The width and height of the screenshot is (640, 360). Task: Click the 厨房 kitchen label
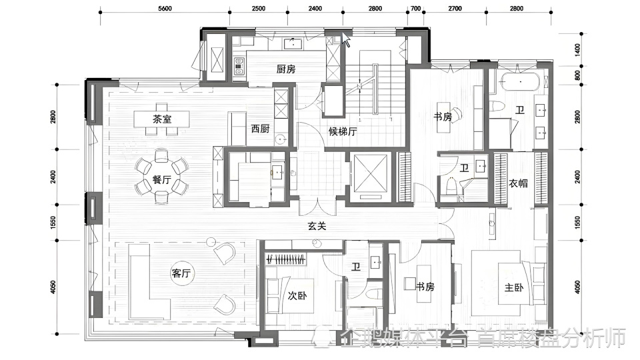(286, 69)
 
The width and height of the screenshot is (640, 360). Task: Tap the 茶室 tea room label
(162, 119)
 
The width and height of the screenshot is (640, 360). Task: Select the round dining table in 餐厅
(161, 176)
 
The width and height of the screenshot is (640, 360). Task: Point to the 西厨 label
(261, 129)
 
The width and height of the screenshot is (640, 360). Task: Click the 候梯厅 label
(343, 131)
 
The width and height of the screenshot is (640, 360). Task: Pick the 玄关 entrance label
(317, 226)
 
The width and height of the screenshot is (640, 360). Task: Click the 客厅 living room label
(181, 273)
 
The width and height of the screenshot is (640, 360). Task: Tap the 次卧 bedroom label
(297, 295)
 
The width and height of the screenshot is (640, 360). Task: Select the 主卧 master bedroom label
(514, 288)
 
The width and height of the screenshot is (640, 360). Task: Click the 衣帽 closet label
(519, 183)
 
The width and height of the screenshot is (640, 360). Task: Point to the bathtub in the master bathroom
(521, 82)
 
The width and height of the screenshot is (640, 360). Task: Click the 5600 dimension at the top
(165, 8)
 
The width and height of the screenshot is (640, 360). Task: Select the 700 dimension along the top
(415, 8)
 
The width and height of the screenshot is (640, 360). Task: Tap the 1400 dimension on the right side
(577, 50)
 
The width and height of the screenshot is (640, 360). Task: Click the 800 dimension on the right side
(577, 75)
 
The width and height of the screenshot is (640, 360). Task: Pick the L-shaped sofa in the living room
(149, 281)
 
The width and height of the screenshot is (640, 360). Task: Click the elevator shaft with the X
(370, 173)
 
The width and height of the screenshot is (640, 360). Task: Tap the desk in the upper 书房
(444, 117)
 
